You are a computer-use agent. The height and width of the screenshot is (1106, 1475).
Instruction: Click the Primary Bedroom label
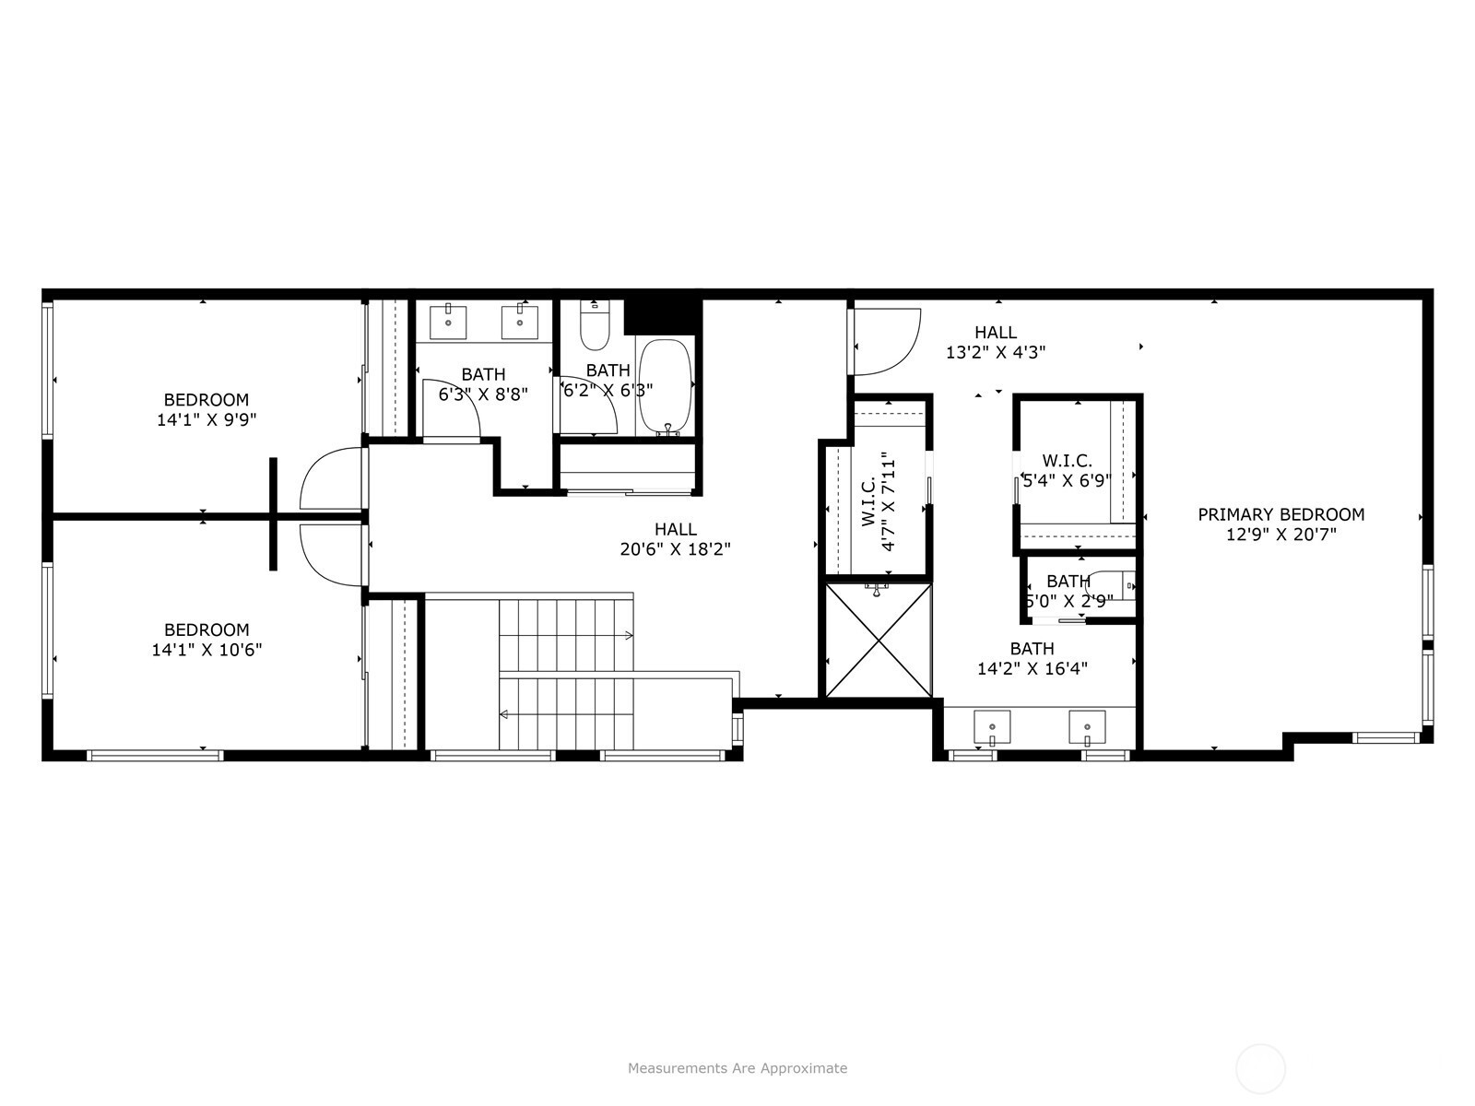click(1280, 524)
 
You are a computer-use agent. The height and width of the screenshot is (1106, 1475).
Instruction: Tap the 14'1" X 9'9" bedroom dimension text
click(207, 419)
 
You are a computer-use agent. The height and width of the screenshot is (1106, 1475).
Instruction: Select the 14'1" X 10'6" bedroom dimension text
click(207, 650)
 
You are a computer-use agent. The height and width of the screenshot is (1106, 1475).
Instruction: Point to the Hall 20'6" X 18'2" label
click(676, 539)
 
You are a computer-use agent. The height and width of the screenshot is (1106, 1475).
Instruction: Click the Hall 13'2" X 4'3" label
click(996, 342)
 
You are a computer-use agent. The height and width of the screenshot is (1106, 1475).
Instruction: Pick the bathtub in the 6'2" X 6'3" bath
click(666, 387)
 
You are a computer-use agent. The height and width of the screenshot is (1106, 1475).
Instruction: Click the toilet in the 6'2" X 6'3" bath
click(595, 325)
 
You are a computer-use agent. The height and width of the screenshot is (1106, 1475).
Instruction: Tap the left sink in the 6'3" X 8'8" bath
click(448, 323)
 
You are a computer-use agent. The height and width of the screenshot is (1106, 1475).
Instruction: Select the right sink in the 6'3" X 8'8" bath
click(519, 323)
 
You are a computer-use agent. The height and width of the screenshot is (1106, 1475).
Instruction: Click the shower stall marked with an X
click(879, 640)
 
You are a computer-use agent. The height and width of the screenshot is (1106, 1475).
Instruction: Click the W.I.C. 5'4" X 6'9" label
click(1068, 471)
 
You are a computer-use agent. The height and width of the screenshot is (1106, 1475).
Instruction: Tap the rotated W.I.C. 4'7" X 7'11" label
click(879, 501)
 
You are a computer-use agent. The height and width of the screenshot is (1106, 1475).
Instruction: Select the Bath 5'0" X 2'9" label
click(1068, 590)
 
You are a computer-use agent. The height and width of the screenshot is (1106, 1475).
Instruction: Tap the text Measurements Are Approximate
click(737, 1067)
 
